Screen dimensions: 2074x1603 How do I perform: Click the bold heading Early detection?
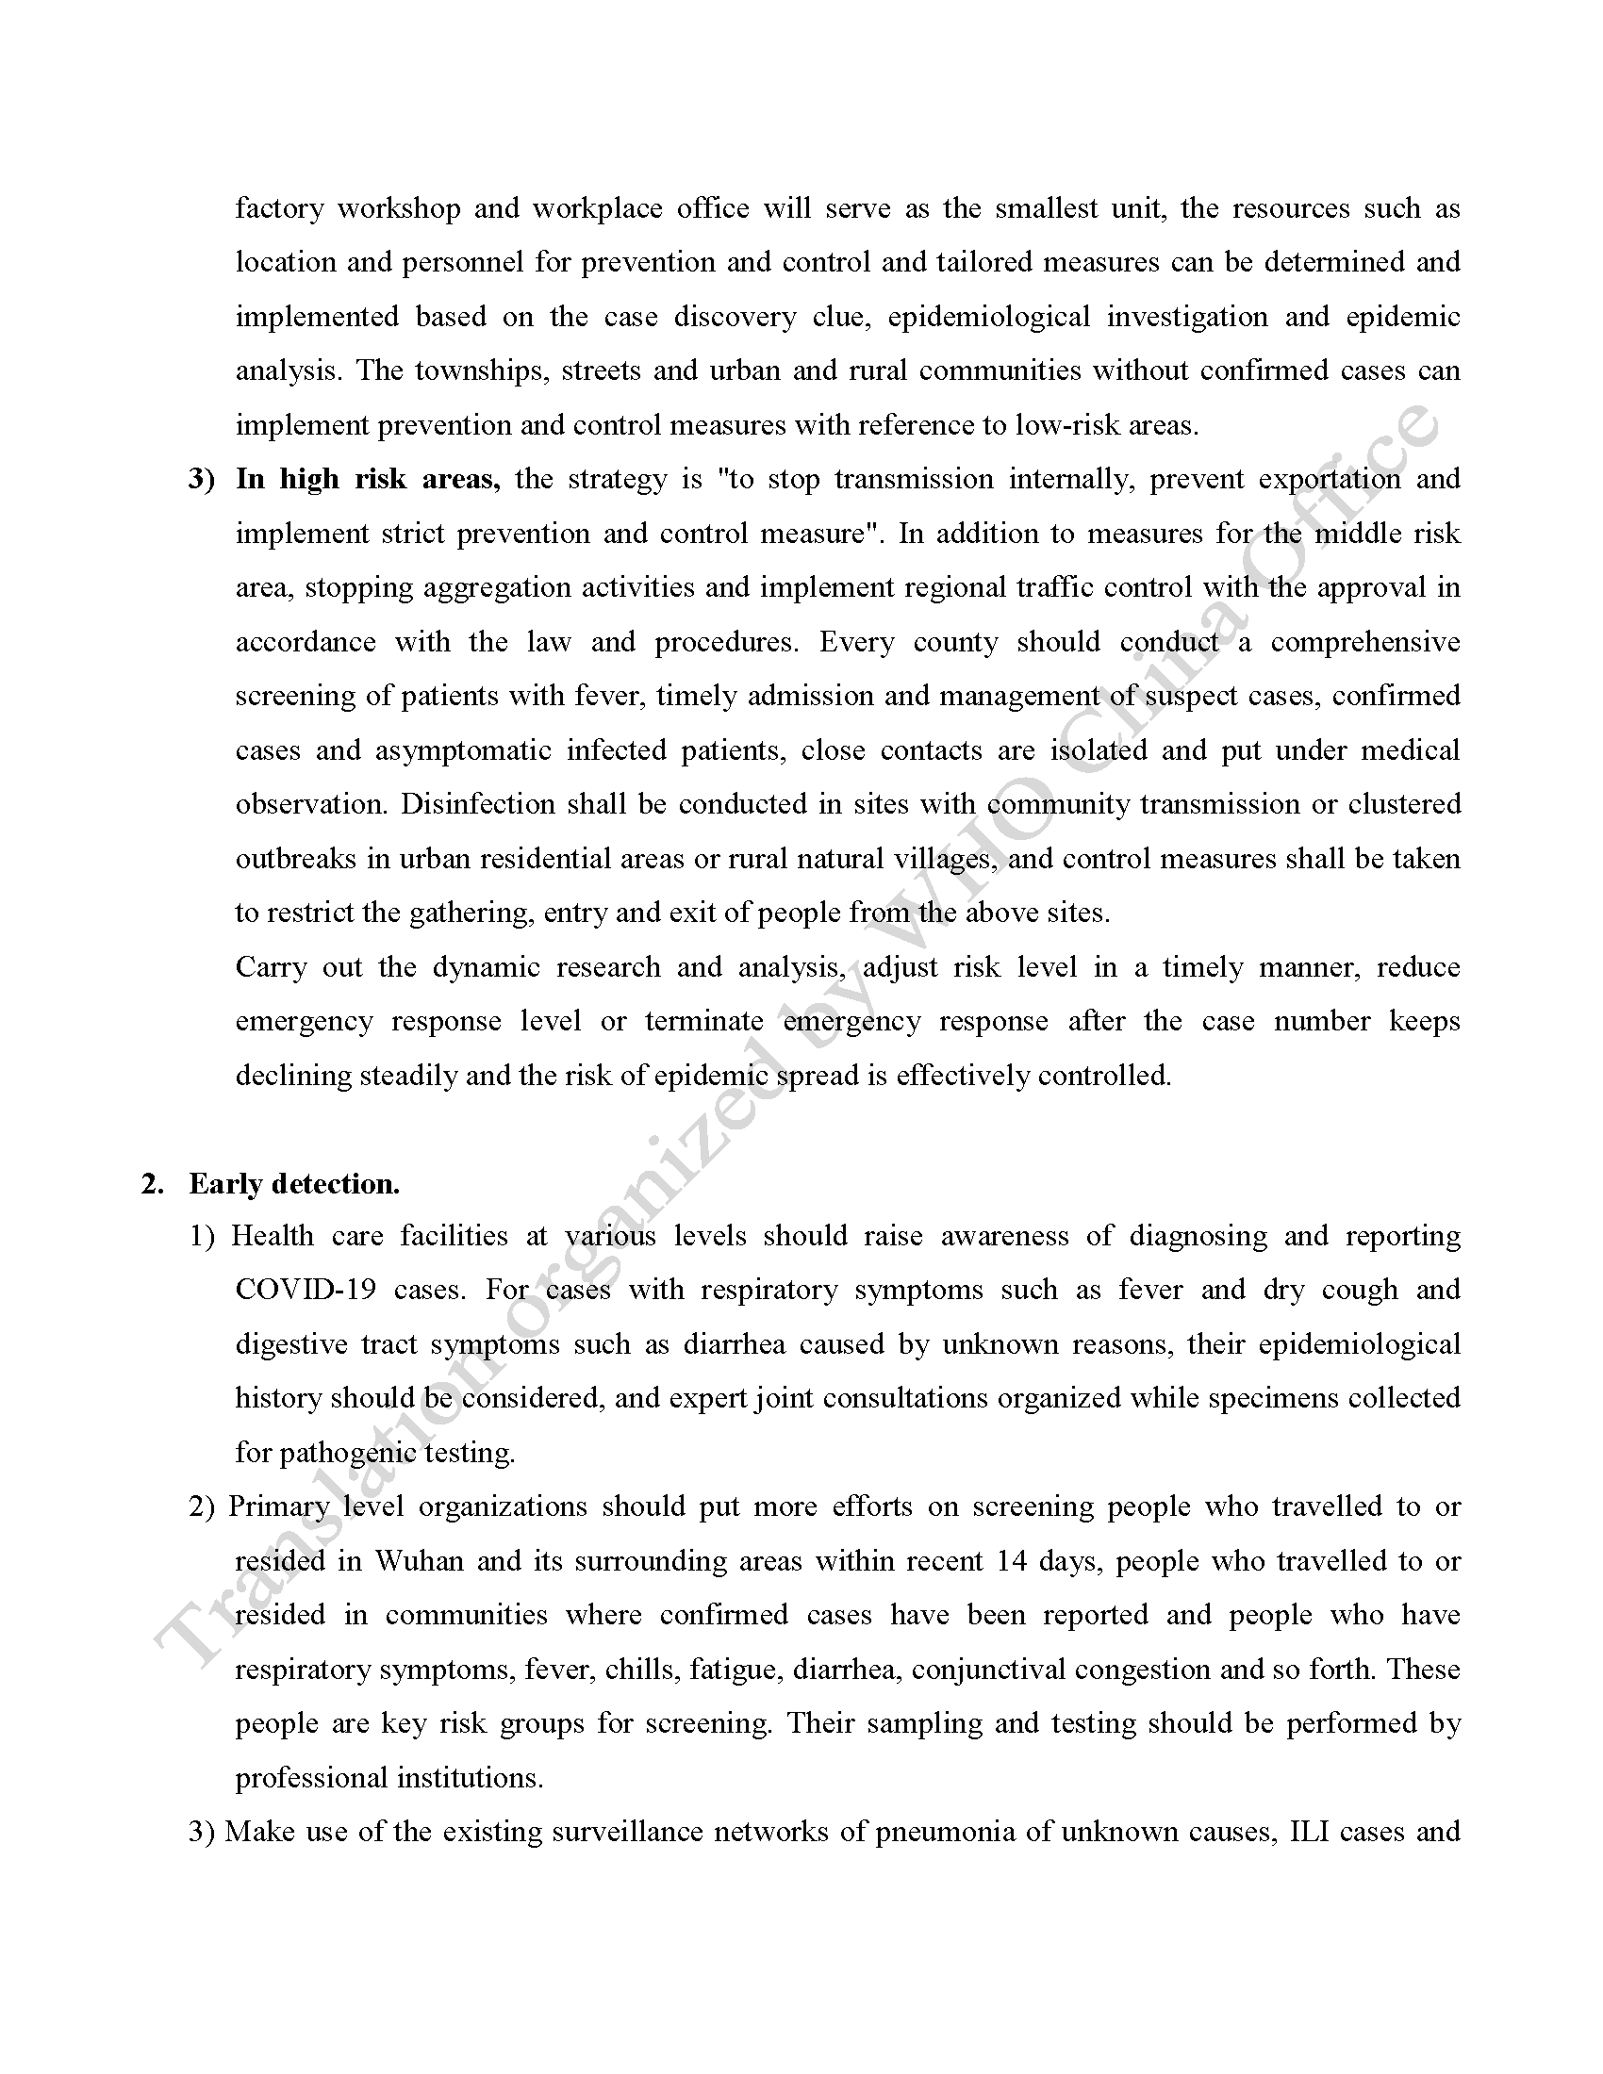[x=294, y=1184]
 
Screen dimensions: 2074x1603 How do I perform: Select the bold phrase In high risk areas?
[x=368, y=480]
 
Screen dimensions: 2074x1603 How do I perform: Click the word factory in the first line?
[x=279, y=209]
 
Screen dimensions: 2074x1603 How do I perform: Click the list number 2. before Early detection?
[x=153, y=1184]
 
